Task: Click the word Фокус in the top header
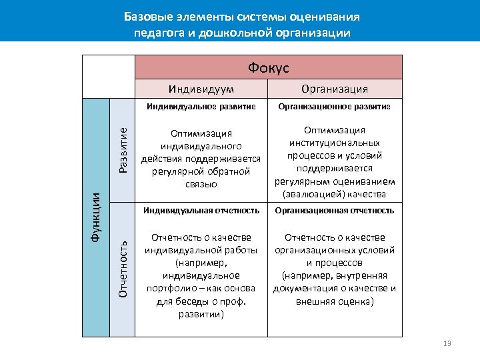click(x=268, y=67)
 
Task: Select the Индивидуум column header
click(x=201, y=89)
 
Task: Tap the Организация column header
click(x=335, y=89)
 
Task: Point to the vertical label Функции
click(x=96, y=217)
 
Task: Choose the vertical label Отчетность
click(x=123, y=269)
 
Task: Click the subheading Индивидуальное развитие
click(x=201, y=107)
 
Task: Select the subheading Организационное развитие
click(x=335, y=107)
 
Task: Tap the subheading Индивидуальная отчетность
click(x=201, y=211)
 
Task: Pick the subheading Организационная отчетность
click(x=335, y=211)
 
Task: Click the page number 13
click(x=447, y=343)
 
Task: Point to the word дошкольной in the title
click(x=235, y=32)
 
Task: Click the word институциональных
click(x=335, y=143)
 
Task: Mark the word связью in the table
click(x=201, y=184)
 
